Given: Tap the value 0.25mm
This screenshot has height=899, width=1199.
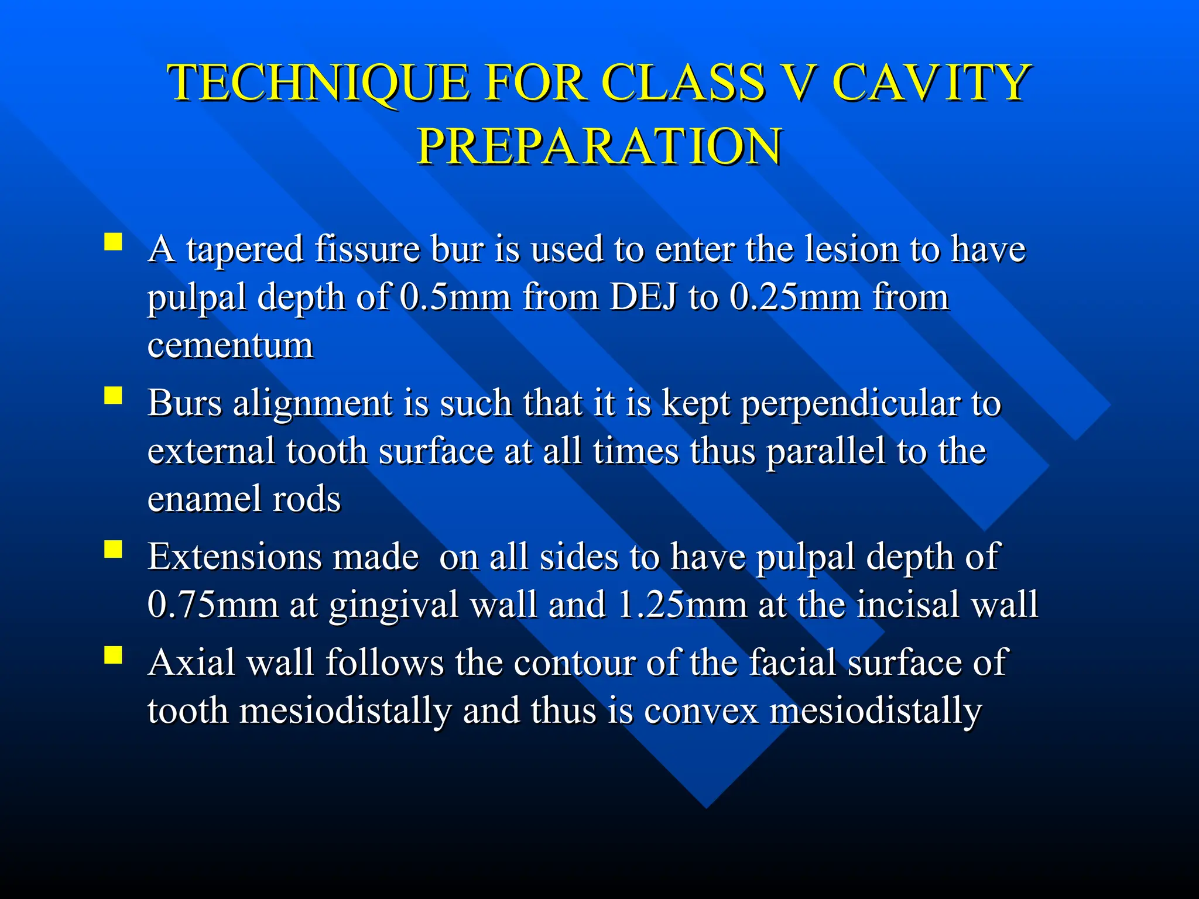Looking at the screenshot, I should tap(795, 297).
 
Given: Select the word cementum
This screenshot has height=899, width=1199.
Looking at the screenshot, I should tap(230, 345).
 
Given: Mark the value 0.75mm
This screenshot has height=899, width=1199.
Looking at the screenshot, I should tap(213, 605).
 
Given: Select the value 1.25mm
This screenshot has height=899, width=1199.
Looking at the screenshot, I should tap(682, 605).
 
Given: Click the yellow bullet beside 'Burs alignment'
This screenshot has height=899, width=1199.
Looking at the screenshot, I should tap(113, 396).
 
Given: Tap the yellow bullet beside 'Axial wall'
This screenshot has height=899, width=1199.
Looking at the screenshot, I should tap(113, 655).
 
